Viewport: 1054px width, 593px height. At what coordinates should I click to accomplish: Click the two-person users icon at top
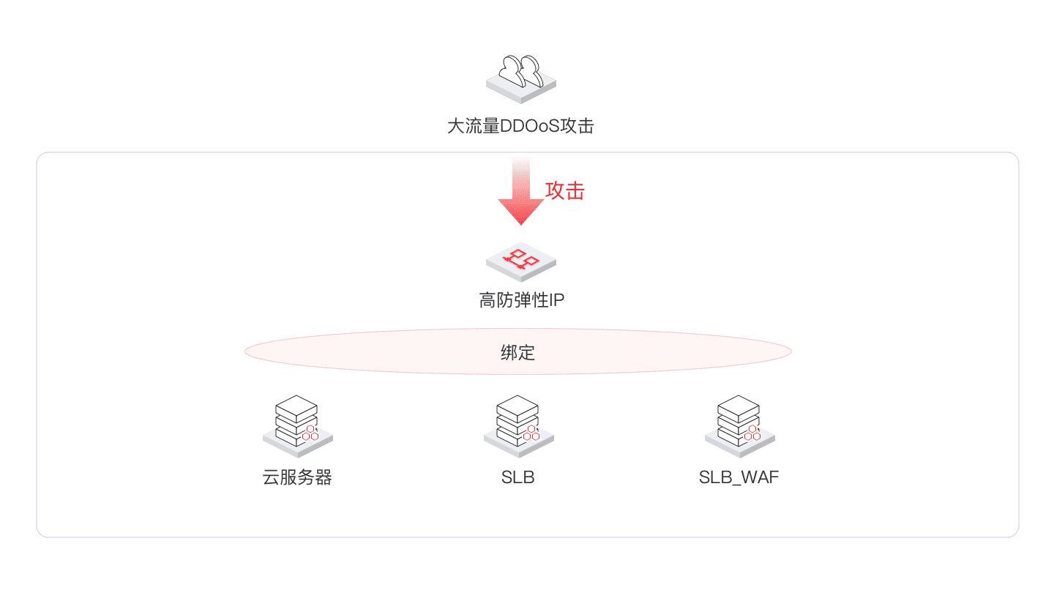click(x=521, y=78)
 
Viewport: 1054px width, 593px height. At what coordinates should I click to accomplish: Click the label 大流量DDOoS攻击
click(x=520, y=126)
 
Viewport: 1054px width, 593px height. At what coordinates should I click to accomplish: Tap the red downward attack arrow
click(x=521, y=190)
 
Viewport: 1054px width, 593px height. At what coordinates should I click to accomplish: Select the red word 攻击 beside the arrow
click(x=564, y=191)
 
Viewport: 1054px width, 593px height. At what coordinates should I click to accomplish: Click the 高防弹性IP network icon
click(x=521, y=261)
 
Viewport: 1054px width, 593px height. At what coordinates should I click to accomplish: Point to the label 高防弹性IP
click(x=521, y=300)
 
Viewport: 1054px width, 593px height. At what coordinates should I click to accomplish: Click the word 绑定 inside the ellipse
click(x=517, y=353)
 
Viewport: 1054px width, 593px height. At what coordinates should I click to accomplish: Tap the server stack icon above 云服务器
click(x=297, y=426)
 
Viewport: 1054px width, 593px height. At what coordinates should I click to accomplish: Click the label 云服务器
click(x=297, y=477)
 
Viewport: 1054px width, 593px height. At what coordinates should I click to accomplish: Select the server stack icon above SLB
click(x=518, y=426)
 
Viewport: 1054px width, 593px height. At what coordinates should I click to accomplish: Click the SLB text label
click(x=517, y=477)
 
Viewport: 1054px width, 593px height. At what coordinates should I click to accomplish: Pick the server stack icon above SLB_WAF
click(x=740, y=426)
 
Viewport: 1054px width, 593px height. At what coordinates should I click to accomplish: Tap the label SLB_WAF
click(x=739, y=477)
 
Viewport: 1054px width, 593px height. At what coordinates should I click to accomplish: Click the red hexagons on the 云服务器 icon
click(x=310, y=433)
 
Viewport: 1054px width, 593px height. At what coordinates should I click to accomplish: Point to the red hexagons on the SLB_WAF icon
click(x=752, y=433)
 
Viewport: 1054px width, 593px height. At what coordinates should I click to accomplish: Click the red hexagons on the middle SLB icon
click(x=531, y=433)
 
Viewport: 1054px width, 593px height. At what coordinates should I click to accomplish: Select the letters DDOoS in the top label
click(x=529, y=126)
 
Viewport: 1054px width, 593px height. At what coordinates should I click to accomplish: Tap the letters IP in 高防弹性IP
click(x=556, y=300)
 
